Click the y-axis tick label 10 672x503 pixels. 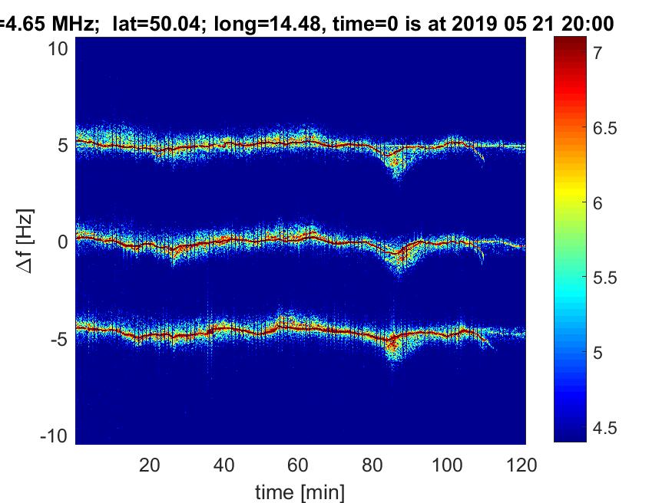(59, 48)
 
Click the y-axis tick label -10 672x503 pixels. (55, 435)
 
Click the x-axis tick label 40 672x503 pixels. (223, 464)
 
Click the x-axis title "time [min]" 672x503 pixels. (300, 491)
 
